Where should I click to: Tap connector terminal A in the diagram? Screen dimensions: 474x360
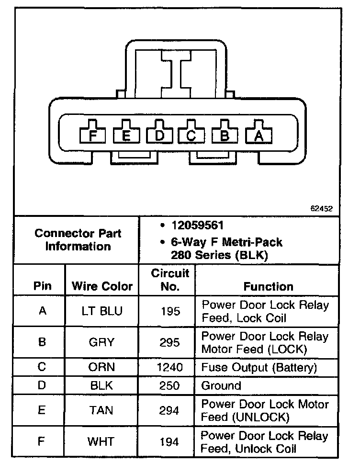tap(259, 136)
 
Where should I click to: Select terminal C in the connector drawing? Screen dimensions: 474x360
tap(191, 136)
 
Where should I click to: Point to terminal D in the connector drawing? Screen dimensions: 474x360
tap(159, 136)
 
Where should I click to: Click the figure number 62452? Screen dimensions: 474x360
tap(322, 209)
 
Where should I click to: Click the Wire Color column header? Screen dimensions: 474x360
tap(102, 286)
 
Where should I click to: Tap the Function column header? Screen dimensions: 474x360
tap(268, 286)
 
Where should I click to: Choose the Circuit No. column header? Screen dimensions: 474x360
tap(170, 280)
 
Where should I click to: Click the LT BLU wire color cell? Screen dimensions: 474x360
tap(102, 311)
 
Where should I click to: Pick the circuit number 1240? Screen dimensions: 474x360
tap(170, 368)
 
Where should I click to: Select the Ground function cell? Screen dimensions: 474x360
tap(221, 385)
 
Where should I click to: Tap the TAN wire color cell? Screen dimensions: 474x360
tap(102, 410)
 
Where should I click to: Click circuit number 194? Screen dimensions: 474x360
tap(170, 441)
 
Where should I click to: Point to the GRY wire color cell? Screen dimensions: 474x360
tap(102, 342)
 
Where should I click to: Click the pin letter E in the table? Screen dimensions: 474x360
tap(42, 410)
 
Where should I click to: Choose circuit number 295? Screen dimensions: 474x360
tap(170, 342)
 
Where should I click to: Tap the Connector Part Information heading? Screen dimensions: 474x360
tap(78, 240)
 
